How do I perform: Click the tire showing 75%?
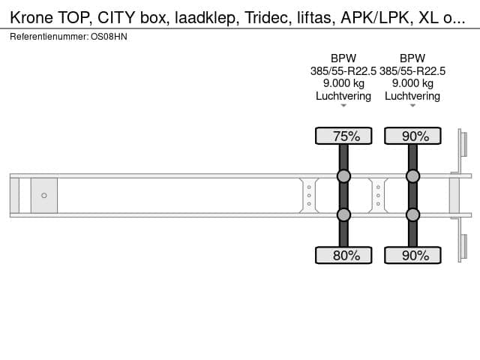tap(343, 136)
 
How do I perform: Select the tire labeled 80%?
tap(343, 255)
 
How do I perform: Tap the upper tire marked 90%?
tap(412, 136)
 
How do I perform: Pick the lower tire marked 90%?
tap(412, 255)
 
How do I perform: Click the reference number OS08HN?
tap(109, 37)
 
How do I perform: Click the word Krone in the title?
tap(31, 18)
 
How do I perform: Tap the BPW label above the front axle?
tap(343, 58)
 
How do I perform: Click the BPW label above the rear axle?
tap(412, 58)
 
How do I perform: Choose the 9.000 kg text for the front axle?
tap(343, 83)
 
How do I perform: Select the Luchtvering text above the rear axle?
tap(412, 96)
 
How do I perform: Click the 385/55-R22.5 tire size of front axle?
tap(343, 71)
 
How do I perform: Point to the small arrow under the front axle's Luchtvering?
tap(343, 106)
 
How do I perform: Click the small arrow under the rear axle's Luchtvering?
tap(412, 106)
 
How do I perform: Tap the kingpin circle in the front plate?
tap(44, 195)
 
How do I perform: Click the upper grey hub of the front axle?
tap(343, 176)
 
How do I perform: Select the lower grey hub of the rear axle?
tap(412, 215)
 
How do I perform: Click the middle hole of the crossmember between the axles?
tap(378, 195)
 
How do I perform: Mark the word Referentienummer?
tap(49, 37)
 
